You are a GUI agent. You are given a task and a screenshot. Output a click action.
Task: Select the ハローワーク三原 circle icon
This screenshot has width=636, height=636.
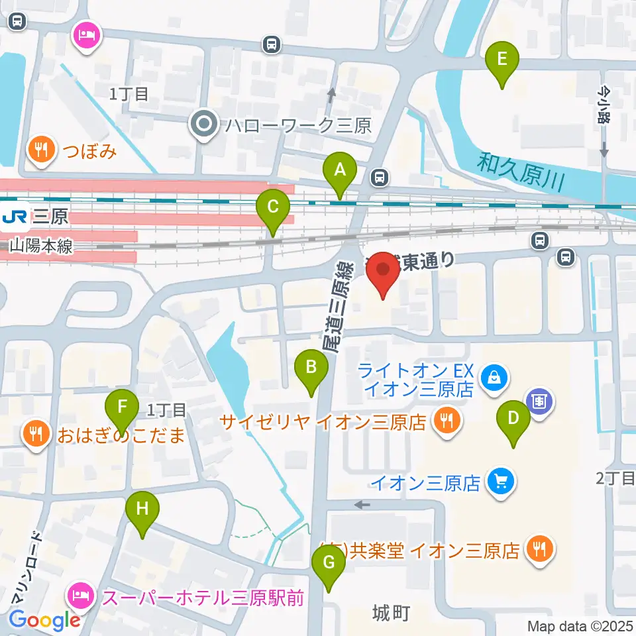tap(203, 124)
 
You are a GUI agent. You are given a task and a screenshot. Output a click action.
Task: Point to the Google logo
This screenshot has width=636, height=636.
tap(44, 620)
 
